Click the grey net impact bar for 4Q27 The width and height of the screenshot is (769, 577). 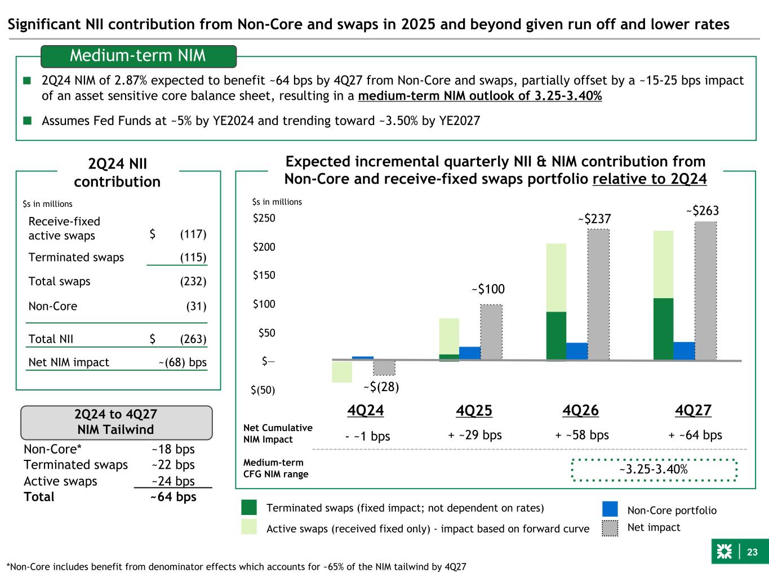[705, 291]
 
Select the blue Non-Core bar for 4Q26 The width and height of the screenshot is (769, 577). [577, 351]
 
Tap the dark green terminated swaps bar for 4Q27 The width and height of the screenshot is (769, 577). [663, 329]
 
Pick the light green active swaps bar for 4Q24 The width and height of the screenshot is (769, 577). [342, 371]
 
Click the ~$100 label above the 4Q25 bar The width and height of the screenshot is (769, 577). [488, 290]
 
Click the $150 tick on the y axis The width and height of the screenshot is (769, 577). [264, 276]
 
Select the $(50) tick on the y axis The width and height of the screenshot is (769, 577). [263, 390]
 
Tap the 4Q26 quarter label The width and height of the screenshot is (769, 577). [580, 411]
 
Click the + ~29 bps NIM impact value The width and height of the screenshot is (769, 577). [475, 435]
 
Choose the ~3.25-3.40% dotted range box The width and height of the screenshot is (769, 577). [654, 470]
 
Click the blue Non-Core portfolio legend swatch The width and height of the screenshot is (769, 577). [610, 509]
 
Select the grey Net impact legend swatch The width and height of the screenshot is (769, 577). [610, 528]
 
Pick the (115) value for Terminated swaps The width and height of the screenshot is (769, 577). [193, 258]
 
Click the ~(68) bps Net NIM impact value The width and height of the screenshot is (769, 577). [183, 362]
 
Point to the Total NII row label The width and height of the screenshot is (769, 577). [51, 339]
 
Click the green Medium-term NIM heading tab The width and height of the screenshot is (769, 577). [138, 56]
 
